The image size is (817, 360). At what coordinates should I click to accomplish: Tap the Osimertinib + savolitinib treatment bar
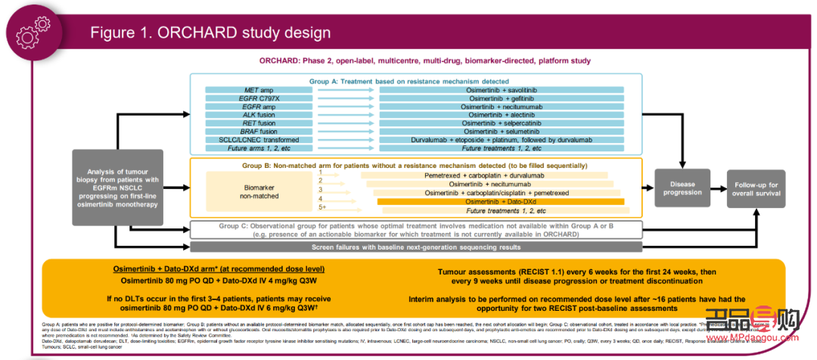[502, 90]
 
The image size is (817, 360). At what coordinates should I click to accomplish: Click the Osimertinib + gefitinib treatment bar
[502, 100]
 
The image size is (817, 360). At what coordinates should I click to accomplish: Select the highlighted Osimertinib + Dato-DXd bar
[500, 201]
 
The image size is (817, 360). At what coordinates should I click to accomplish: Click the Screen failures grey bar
[417, 247]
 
